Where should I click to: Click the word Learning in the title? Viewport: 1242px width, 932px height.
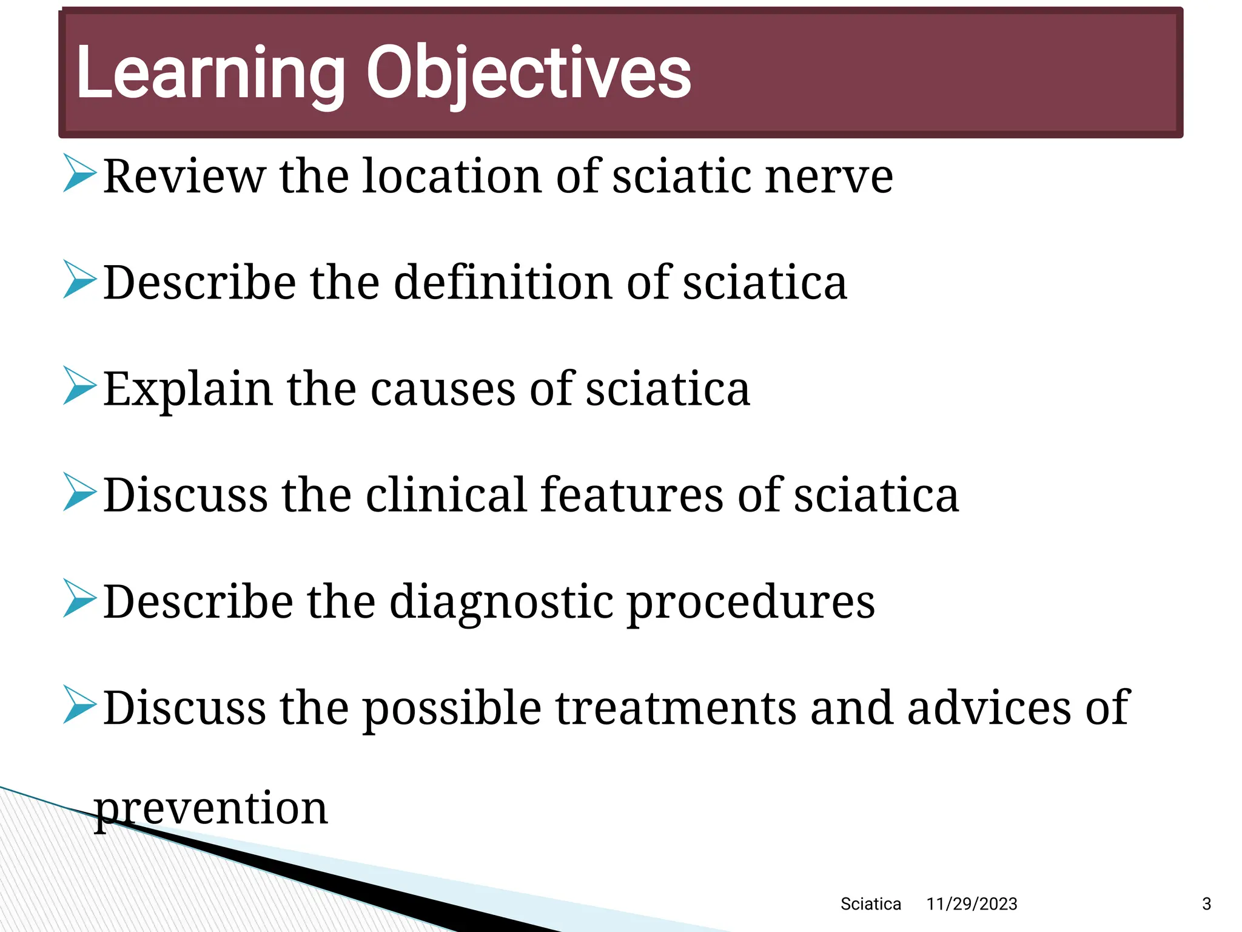coord(209,74)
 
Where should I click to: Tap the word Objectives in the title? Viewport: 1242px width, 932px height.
coord(528,74)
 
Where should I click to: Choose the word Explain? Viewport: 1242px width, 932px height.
coord(187,390)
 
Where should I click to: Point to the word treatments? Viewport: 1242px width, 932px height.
coord(676,708)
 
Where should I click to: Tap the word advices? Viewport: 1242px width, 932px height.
coord(989,708)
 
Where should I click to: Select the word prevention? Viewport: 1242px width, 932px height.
coord(211,808)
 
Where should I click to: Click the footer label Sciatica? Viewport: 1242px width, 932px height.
coord(870,904)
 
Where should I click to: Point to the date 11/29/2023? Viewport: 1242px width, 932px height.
coord(972,904)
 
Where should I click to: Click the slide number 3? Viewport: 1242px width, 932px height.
coord(1206,904)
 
